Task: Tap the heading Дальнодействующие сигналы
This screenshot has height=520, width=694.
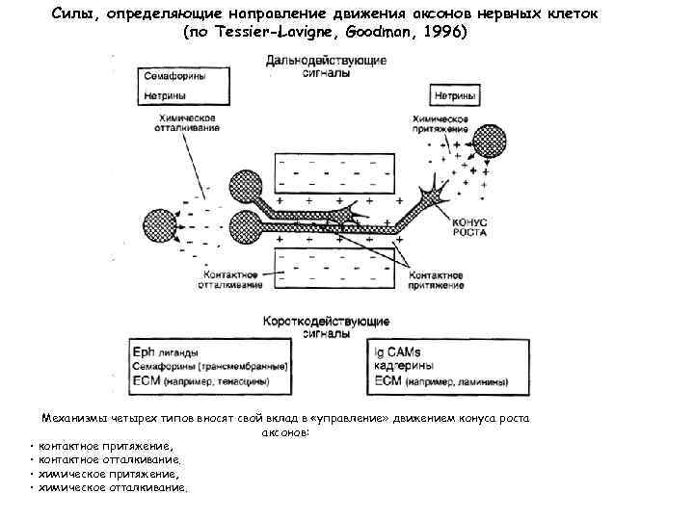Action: point(327,66)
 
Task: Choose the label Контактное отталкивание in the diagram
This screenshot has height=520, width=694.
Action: point(230,280)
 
